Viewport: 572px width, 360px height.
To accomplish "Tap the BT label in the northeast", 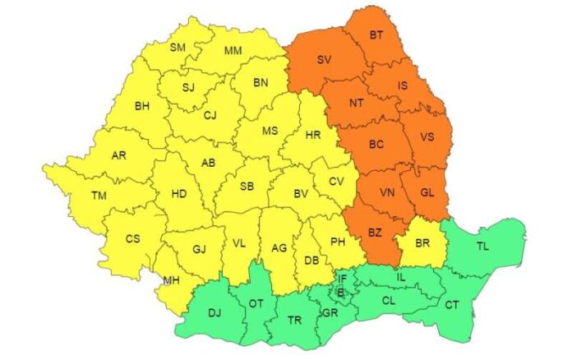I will tap(376, 35).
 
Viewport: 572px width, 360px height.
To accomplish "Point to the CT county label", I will tap(452, 305).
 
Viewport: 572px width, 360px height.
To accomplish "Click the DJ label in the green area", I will tap(214, 313).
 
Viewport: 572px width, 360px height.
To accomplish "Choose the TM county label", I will tap(99, 196).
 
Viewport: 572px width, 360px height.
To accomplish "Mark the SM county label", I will tap(178, 48).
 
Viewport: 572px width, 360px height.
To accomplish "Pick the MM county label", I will tap(233, 51).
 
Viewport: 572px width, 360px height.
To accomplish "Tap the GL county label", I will tap(427, 192).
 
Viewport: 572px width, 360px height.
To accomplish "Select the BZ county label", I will tap(375, 233).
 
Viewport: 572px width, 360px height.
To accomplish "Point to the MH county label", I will tap(171, 280).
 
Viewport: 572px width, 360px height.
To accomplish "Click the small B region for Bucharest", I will tap(342, 290).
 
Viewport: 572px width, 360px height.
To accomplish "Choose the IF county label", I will tap(343, 279).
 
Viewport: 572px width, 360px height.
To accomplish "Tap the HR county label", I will tap(312, 134).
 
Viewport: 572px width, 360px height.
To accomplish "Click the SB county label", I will tap(247, 187).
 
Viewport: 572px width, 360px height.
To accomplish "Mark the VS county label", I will tap(427, 137).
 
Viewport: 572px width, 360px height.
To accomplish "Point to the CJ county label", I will tap(210, 114).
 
